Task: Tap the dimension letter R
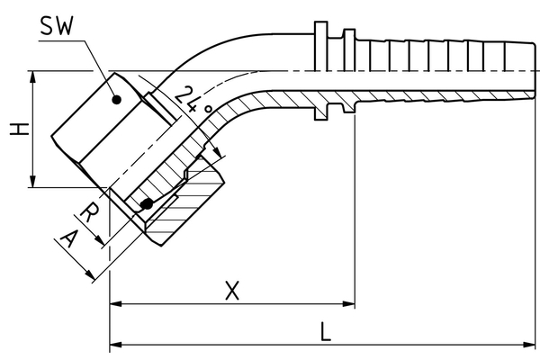click(x=90, y=212)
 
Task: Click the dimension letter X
click(x=232, y=291)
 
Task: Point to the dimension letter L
click(x=326, y=330)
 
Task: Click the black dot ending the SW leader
click(x=115, y=102)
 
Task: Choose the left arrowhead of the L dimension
click(x=114, y=345)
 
